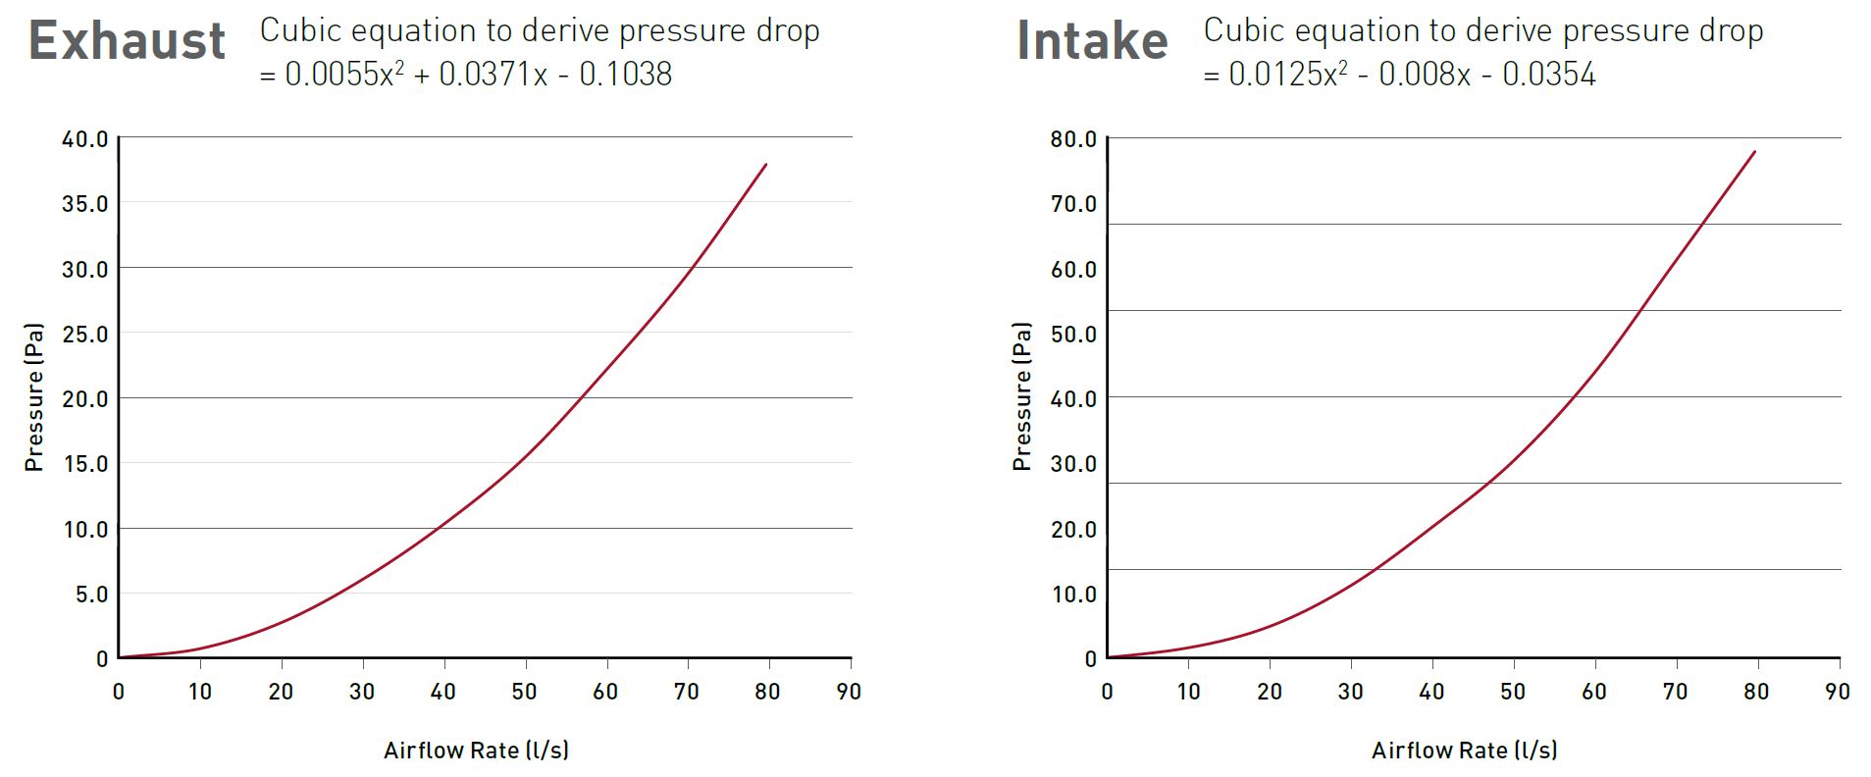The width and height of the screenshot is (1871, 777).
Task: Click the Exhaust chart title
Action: (x=128, y=41)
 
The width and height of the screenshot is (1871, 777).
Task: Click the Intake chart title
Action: (x=1092, y=41)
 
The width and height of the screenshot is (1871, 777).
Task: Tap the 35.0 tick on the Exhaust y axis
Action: (x=85, y=204)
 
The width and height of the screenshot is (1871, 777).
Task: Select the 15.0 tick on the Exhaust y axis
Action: (x=85, y=464)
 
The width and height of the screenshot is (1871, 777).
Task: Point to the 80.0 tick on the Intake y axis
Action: (x=1073, y=139)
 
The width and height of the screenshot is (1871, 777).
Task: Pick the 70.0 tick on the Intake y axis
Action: (x=1073, y=204)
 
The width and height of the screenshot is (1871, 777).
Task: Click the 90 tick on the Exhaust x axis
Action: (x=849, y=692)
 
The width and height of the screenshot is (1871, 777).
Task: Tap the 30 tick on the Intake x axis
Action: (x=1350, y=692)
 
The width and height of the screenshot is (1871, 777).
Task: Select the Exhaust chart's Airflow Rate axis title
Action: (x=476, y=751)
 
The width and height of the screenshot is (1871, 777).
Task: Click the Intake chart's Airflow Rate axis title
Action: (x=1464, y=751)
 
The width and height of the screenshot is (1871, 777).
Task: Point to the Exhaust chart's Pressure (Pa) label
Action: (x=34, y=397)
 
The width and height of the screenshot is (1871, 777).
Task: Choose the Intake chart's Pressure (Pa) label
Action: (x=1022, y=397)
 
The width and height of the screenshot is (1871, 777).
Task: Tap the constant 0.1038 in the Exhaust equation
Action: (x=626, y=75)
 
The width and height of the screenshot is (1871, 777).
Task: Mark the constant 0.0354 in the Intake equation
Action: (x=1549, y=75)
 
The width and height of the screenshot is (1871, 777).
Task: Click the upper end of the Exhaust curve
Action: (x=765, y=165)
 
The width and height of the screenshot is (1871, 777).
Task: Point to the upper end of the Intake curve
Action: (x=1754, y=152)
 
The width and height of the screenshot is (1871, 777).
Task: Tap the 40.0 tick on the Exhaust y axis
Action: (x=85, y=139)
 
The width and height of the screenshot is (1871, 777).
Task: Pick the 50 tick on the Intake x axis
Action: (x=1513, y=692)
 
